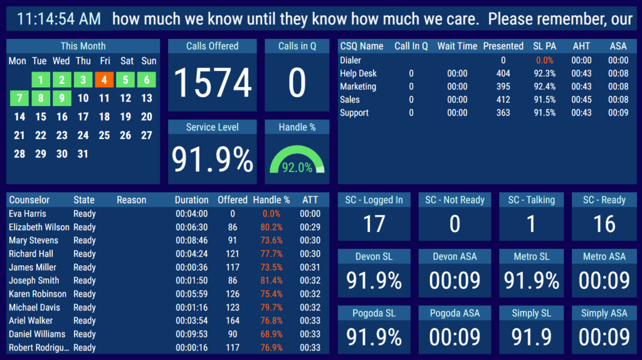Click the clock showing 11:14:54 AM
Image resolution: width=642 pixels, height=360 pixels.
pos(59,19)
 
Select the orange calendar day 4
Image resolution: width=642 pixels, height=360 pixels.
pos(104,80)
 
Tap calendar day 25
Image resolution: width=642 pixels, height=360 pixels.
pos(104,135)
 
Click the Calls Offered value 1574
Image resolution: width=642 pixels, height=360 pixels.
pos(213,83)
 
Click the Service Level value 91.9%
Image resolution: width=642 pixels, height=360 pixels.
pos(213,159)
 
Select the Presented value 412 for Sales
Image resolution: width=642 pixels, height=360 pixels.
pos(503,100)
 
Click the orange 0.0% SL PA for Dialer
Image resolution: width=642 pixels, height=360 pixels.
pos(544,60)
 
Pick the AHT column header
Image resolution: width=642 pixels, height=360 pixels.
pos(581,46)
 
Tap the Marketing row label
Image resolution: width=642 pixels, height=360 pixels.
pos(358,87)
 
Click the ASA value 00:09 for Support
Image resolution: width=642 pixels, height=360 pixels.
pos(618,113)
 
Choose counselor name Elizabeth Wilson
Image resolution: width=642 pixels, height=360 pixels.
pos(39,227)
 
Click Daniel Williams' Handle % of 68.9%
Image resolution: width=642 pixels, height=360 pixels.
pos(271,334)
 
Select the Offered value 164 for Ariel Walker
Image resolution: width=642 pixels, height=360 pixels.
pos(233,320)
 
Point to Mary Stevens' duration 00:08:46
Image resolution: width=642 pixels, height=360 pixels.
pos(191,240)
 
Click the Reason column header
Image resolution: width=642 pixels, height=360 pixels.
pos(131,200)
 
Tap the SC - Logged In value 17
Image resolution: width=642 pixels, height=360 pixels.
pos(374,225)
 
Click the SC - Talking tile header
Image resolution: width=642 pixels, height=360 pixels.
pos(531,200)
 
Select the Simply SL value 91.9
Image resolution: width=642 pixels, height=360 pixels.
pos(531,337)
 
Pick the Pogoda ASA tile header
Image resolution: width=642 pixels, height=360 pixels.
pos(455,313)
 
